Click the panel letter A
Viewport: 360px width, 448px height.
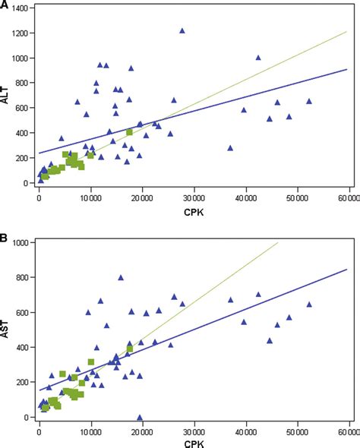coord(5,6)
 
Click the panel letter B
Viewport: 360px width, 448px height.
coord(5,238)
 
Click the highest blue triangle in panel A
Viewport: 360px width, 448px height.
coord(182,30)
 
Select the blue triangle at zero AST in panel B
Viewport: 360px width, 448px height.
coord(140,417)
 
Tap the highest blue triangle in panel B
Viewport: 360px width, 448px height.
coord(120,277)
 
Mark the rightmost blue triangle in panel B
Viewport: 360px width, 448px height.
coord(309,304)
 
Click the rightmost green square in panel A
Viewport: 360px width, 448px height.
coord(130,132)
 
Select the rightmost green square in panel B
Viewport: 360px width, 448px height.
coord(130,349)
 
